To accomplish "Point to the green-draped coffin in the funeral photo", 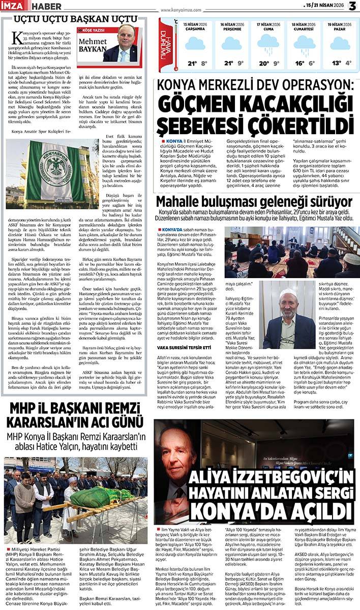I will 97,497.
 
